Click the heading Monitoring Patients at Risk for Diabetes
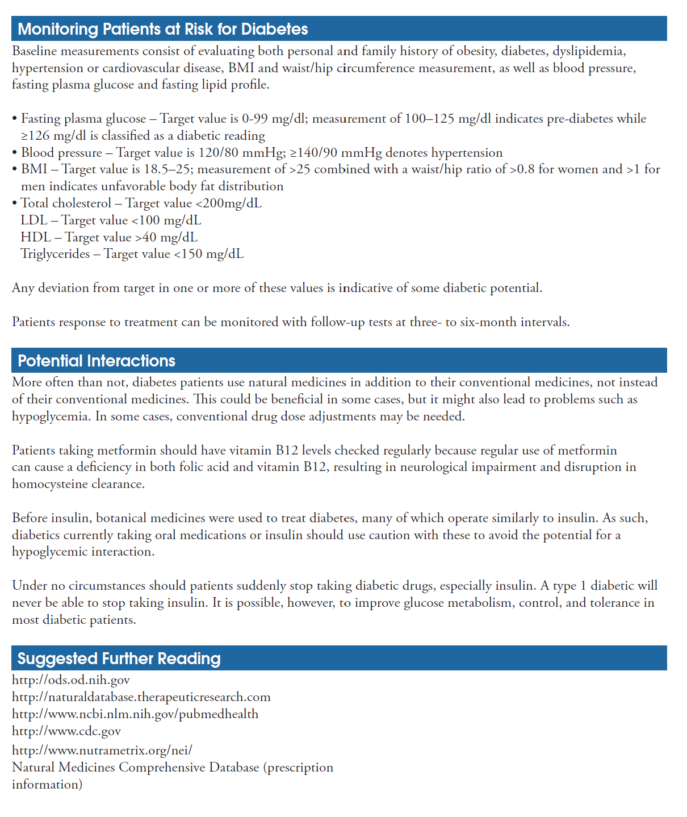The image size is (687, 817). click(162, 29)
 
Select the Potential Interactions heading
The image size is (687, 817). click(97, 361)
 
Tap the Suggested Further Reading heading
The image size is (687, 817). click(119, 658)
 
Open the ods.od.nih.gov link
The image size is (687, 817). click(71, 680)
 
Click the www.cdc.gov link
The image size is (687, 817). click(66, 731)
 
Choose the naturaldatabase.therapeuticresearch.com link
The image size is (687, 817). click(141, 697)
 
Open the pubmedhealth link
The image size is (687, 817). click(135, 714)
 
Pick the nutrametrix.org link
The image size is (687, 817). click(102, 751)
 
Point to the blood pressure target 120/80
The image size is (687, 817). click(219, 153)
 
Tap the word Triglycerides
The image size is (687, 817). click(55, 254)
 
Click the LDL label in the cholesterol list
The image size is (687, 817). click(33, 220)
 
